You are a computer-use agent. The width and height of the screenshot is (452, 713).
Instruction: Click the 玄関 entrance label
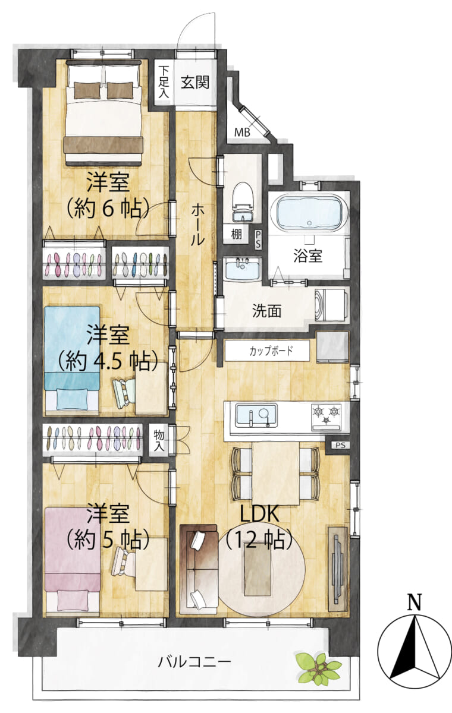tap(195, 83)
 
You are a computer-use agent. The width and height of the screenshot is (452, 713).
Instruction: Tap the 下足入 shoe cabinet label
tap(164, 82)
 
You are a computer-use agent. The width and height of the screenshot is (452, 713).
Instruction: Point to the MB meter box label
tap(242, 132)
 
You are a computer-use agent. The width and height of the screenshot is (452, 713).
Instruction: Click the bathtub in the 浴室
tap(309, 212)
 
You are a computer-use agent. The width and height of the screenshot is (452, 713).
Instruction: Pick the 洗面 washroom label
tap(266, 311)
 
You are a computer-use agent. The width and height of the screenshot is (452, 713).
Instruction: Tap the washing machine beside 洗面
tap(331, 305)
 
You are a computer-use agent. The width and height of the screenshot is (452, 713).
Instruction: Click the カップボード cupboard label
tap(271, 351)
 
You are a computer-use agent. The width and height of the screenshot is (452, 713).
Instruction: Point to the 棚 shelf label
tap(237, 235)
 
